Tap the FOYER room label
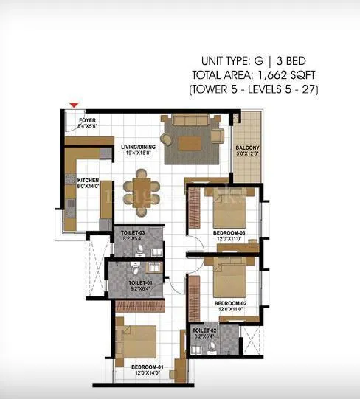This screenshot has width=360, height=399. (89, 119)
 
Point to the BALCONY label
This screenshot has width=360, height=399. (247, 148)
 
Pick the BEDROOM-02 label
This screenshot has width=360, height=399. (229, 302)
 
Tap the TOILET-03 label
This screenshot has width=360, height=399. (134, 234)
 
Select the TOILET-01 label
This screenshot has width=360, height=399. (140, 282)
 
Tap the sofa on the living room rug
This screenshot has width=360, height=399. (192, 122)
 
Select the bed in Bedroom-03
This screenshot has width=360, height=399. (230, 211)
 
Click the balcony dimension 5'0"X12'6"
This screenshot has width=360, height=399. (247, 154)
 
